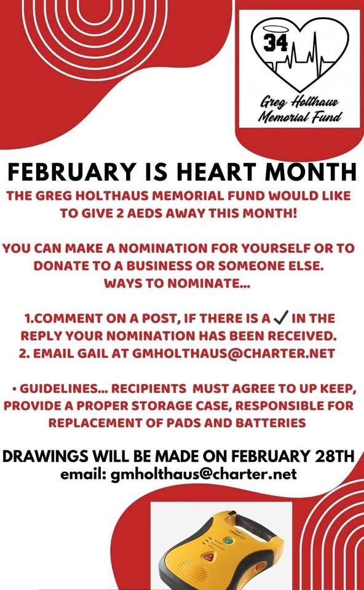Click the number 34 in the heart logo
point(275,42)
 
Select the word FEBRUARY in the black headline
point(71,172)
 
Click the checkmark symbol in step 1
point(282,318)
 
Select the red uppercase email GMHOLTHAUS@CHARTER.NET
point(234,353)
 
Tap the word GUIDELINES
point(63,388)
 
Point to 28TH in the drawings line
point(334,456)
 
